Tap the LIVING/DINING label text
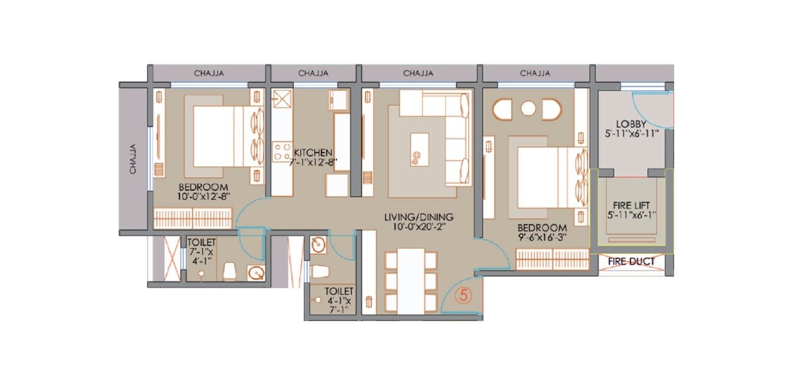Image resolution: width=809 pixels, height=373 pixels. (x=419, y=217)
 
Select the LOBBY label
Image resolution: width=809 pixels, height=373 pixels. (x=631, y=124)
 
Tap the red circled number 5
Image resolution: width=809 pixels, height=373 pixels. (x=463, y=294)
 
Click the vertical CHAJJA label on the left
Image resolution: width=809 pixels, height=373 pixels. (x=133, y=159)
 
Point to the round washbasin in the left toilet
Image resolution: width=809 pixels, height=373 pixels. (x=256, y=273)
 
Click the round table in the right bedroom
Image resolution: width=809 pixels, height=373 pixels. (x=528, y=108)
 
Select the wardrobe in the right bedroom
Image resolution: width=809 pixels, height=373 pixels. (x=551, y=259)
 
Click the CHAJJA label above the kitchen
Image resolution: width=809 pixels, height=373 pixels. (x=313, y=73)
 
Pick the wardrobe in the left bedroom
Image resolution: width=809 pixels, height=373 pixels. (x=193, y=217)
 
